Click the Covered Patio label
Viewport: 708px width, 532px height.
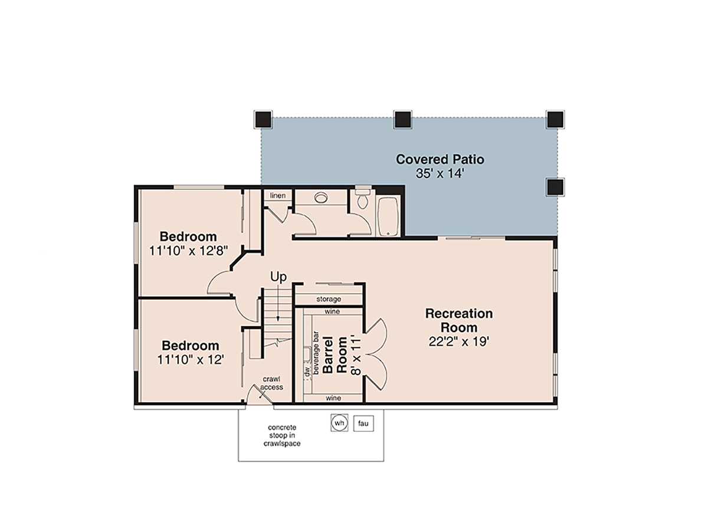(x=440, y=159)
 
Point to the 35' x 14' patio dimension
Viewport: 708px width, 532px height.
(x=440, y=173)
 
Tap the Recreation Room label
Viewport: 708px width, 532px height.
(x=458, y=320)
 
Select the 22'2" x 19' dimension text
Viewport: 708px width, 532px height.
(x=458, y=342)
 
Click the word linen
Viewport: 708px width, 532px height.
(x=278, y=195)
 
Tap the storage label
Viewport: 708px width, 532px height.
(x=328, y=299)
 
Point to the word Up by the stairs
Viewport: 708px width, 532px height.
(x=278, y=276)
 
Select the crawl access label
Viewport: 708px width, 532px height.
(x=271, y=383)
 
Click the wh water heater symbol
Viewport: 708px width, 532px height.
(x=339, y=423)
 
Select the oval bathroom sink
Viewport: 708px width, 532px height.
(x=322, y=198)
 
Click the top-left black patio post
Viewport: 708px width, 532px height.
(x=263, y=119)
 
